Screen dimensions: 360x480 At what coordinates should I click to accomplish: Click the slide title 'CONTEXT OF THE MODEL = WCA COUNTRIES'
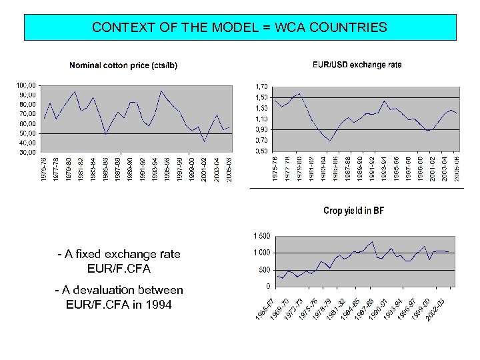239,27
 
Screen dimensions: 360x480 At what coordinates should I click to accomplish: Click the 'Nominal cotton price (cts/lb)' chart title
123,65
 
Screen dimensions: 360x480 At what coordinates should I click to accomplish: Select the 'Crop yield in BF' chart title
353,211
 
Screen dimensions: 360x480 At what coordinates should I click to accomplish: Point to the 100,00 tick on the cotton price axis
27,85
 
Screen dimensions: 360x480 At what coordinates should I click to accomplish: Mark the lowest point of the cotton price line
204,141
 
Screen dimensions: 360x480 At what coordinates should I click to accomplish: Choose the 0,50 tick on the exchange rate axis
261,151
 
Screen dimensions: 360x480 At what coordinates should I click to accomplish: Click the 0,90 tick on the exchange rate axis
261,129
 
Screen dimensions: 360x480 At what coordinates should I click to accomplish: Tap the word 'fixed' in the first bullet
90,254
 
